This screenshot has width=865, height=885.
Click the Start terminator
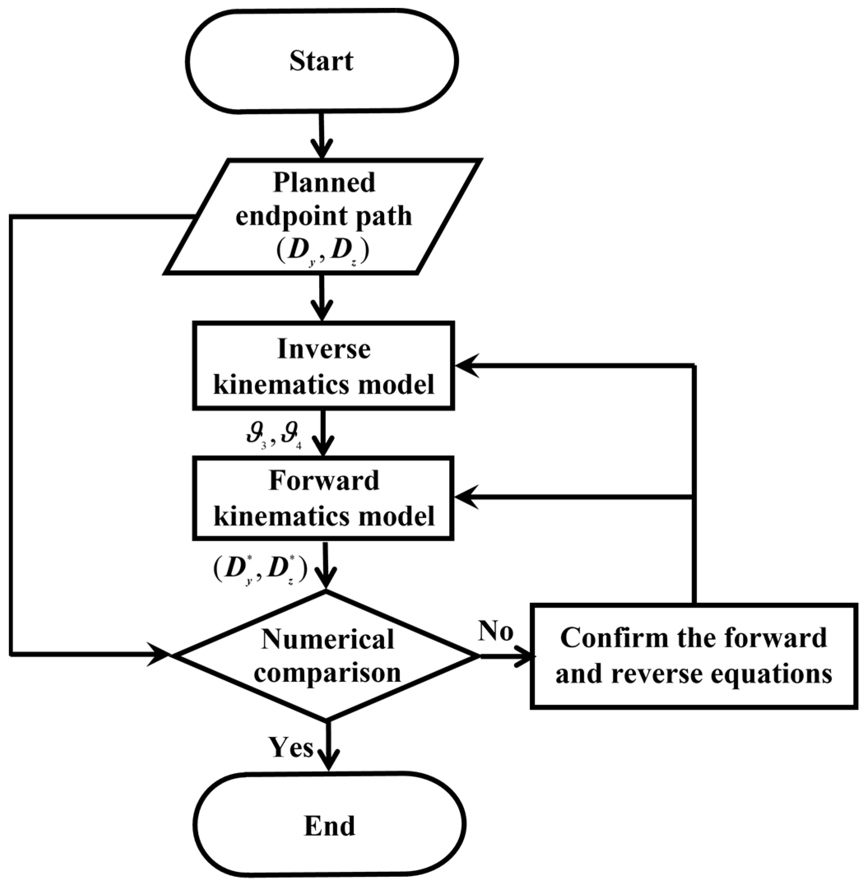322,61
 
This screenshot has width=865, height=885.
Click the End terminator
329,825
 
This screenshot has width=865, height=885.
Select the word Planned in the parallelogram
324,183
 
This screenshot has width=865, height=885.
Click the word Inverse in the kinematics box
324,350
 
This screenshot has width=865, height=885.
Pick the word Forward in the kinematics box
324,481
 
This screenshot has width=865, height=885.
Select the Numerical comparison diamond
327,656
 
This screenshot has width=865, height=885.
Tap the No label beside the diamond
496,632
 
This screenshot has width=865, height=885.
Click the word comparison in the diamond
327,673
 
